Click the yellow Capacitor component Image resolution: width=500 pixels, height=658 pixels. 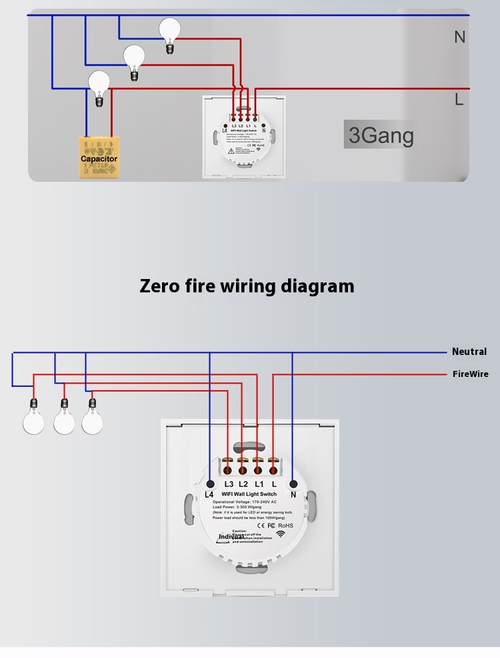pos(99,158)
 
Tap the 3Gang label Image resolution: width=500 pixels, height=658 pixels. pos(381,135)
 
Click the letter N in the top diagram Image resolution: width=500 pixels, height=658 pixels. pos(459,37)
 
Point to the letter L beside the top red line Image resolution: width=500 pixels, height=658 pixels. pos(459,100)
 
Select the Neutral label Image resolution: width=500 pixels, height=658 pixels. pos(469,352)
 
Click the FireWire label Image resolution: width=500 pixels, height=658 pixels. pos(470,374)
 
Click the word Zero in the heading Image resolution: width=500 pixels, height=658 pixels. pos(160,286)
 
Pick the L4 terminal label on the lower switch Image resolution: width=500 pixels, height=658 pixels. pos(209,494)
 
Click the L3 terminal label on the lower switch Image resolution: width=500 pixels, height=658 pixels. pos(229,484)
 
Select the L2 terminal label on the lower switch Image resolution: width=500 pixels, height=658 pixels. pos(243,484)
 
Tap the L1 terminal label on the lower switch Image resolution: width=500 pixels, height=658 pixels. pos(259,484)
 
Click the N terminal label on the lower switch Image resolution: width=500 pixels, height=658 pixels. pos(293,494)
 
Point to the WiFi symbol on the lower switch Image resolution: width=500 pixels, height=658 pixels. pos(285,534)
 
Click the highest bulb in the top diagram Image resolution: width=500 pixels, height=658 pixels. pos(169,30)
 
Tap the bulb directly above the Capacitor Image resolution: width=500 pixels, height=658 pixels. pos(99,83)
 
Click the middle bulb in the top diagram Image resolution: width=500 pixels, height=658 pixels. pos(134,57)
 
